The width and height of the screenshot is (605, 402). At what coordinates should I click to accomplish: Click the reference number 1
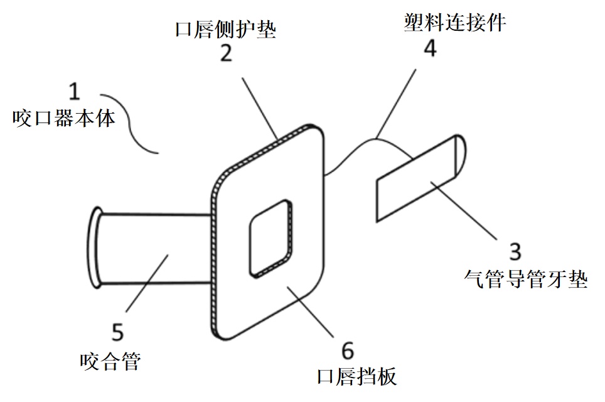pos(73,92)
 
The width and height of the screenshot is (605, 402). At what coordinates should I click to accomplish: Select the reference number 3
pos(515,252)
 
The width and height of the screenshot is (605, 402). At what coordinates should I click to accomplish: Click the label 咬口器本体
pos(63,119)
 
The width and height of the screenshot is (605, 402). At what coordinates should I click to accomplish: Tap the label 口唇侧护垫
pos(226,28)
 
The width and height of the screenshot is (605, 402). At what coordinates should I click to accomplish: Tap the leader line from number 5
pos(147,280)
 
